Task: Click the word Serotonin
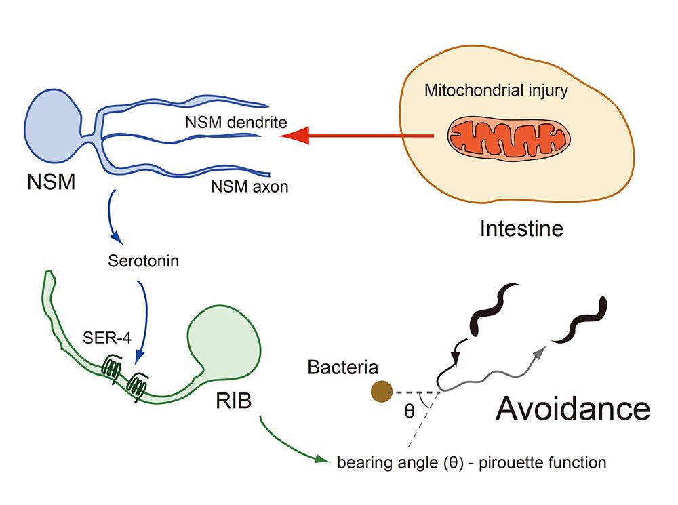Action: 143,260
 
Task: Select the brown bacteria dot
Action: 382,391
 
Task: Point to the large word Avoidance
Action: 573,409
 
